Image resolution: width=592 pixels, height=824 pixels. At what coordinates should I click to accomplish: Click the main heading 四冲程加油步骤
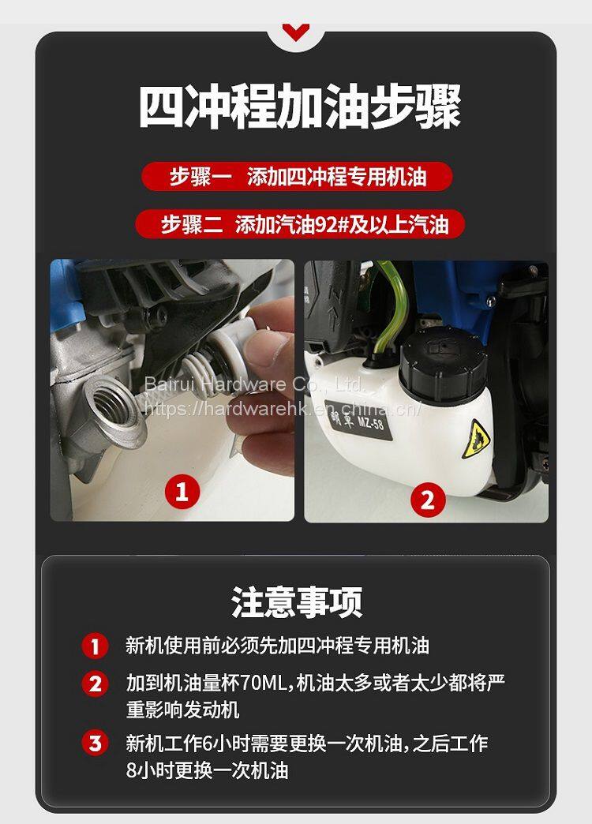300,107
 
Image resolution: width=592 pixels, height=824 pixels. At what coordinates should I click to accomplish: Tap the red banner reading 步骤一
297,176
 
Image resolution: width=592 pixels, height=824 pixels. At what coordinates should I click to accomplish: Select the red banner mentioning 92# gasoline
300,224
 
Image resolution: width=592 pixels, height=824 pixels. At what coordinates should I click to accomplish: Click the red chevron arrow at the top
295,32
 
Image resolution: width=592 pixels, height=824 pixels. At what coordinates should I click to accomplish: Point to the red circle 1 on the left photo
182,492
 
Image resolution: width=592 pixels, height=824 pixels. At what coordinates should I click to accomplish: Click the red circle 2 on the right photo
428,500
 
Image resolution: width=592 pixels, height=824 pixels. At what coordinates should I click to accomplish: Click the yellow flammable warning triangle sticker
476,440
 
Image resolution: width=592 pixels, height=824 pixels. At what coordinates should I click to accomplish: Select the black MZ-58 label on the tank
358,421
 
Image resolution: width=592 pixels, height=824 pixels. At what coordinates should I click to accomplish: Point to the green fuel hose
389,310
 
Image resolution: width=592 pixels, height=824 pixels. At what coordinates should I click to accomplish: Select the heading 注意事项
297,601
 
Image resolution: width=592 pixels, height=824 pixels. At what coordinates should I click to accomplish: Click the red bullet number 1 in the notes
96,646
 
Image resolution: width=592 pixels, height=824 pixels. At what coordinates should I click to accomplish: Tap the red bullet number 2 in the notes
96,684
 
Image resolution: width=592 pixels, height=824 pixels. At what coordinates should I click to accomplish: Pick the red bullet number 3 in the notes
96,743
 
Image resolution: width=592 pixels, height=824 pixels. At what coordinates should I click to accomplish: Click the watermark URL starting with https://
283,408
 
